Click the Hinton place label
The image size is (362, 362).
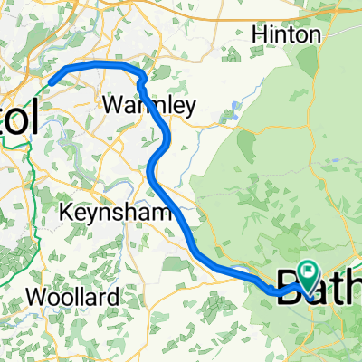pyautogui.click(x=286, y=34)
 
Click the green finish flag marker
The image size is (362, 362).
pyautogui.click(x=310, y=270)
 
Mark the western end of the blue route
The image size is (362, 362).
pyautogui.click(x=52, y=81)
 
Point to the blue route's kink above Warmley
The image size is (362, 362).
pyautogui.click(x=141, y=80)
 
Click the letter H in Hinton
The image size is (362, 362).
pyautogui.click(x=257, y=34)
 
